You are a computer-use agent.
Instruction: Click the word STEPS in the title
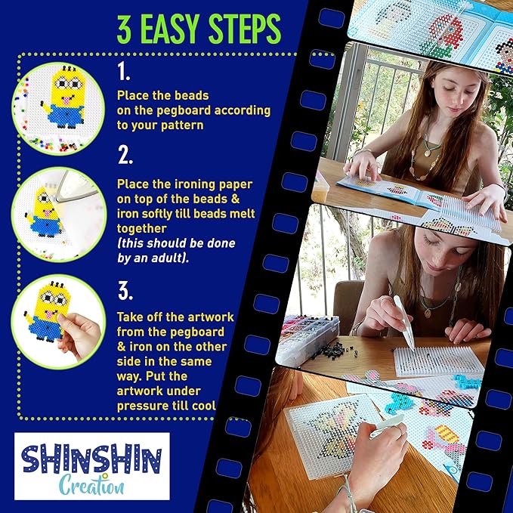pos(245,29)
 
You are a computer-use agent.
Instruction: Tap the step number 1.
pos(124,71)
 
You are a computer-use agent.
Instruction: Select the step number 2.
pos(125,155)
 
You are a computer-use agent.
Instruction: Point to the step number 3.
pos(125,291)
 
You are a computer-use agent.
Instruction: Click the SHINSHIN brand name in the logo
pos(92,459)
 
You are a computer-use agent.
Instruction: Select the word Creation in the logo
pos(92,485)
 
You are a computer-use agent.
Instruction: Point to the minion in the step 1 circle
pos(64,97)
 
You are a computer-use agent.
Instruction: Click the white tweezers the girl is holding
pos(404,323)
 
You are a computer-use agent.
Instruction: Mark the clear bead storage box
pos(307,340)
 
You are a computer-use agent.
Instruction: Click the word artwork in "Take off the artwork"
pos(206,317)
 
